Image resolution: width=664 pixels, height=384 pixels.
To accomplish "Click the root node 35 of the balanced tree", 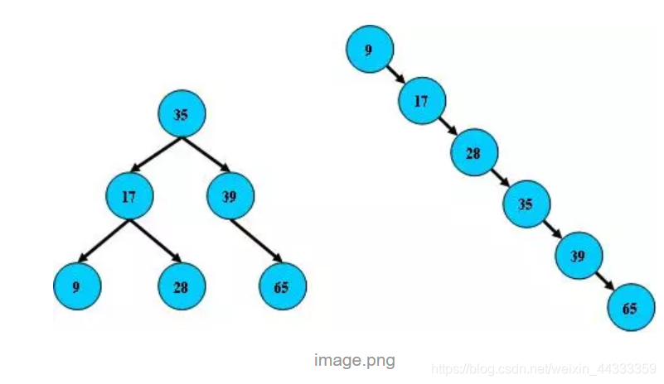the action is tap(181, 114).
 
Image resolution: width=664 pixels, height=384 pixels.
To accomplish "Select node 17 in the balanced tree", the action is tap(128, 197).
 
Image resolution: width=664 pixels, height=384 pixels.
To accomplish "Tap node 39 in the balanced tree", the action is tap(230, 197).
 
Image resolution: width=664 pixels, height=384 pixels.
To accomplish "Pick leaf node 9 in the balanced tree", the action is tap(76, 286).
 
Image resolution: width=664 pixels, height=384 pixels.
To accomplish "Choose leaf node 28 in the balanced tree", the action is tap(181, 286).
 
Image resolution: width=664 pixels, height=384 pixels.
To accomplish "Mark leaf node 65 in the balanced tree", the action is tap(283, 286).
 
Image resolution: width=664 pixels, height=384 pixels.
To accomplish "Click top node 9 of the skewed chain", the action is tap(369, 50).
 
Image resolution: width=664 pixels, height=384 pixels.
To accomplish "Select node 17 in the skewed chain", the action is tap(422, 102).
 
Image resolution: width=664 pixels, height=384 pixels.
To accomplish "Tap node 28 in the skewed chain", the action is tap(474, 154).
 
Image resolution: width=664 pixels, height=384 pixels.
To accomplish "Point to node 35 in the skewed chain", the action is tap(526, 204).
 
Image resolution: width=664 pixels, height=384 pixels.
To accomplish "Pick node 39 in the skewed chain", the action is tap(578, 256).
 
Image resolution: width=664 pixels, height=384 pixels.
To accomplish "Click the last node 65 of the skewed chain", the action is tap(630, 308).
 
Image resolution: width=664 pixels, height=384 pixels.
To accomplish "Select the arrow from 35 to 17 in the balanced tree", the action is tap(156, 155).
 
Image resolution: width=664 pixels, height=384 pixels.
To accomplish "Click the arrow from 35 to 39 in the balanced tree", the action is tap(206, 155).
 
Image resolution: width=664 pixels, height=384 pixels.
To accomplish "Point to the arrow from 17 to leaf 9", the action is tap(103, 242).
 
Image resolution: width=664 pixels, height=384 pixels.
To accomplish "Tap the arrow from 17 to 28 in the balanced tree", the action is tap(154, 242).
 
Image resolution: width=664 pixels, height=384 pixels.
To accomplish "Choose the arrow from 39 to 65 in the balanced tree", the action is tap(256, 242).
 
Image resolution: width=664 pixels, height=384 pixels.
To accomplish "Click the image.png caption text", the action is tap(355, 361).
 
